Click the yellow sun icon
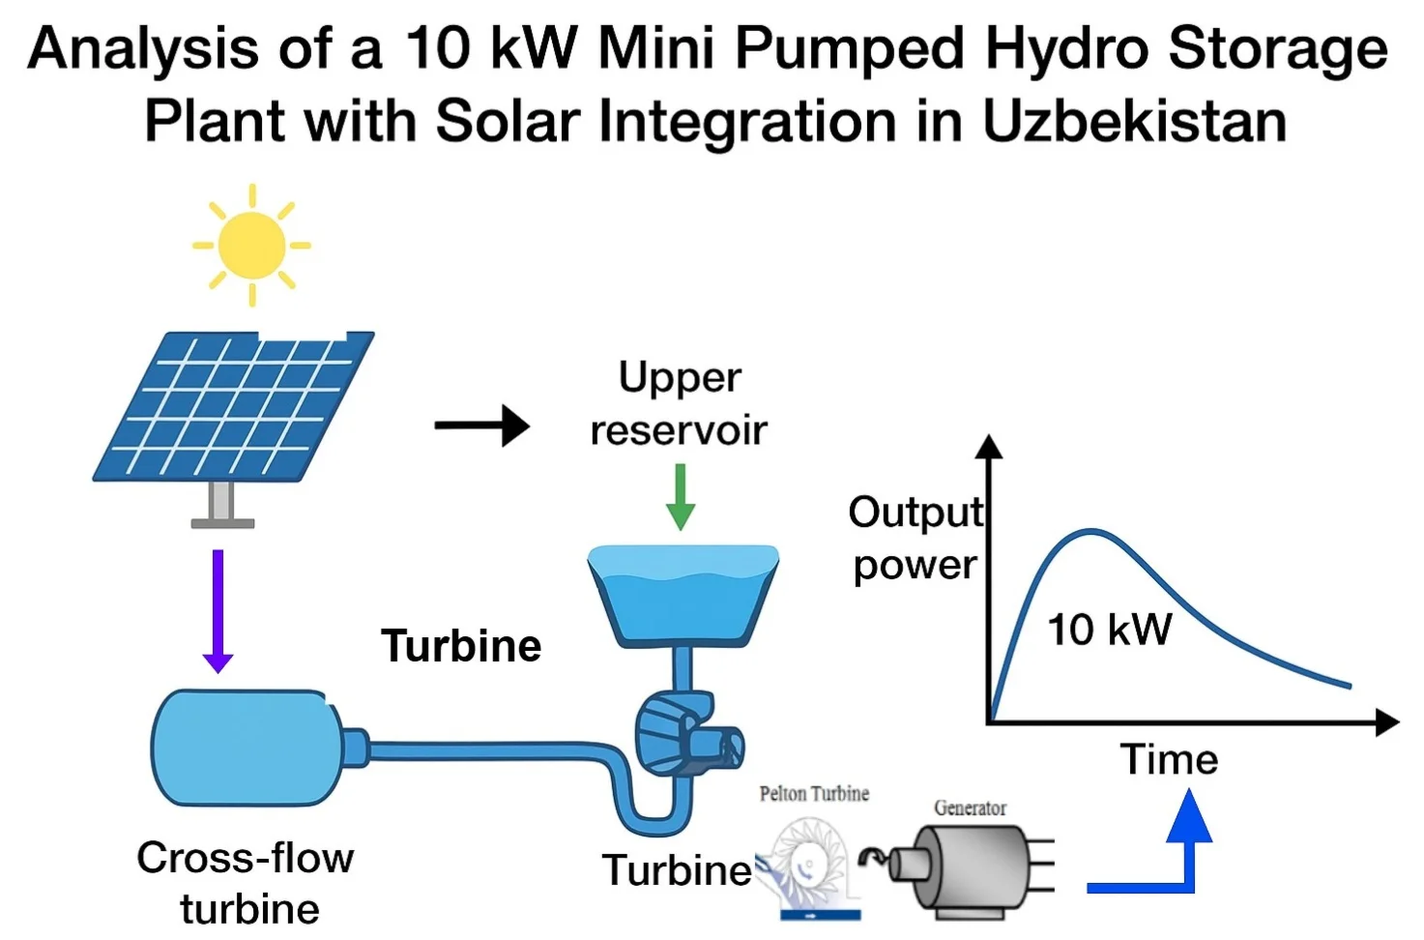tap(251, 245)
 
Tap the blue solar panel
tap(234, 406)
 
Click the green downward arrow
tap(681, 496)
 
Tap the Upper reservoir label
tap(679, 403)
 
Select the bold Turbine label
tap(461, 646)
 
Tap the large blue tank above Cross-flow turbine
tap(247, 748)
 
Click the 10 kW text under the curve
tap(1110, 630)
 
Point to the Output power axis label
tap(915, 539)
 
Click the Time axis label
tap(1169, 760)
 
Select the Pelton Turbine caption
tap(814, 794)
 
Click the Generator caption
tap(970, 808)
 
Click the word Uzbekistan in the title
tap(1134, 122)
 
